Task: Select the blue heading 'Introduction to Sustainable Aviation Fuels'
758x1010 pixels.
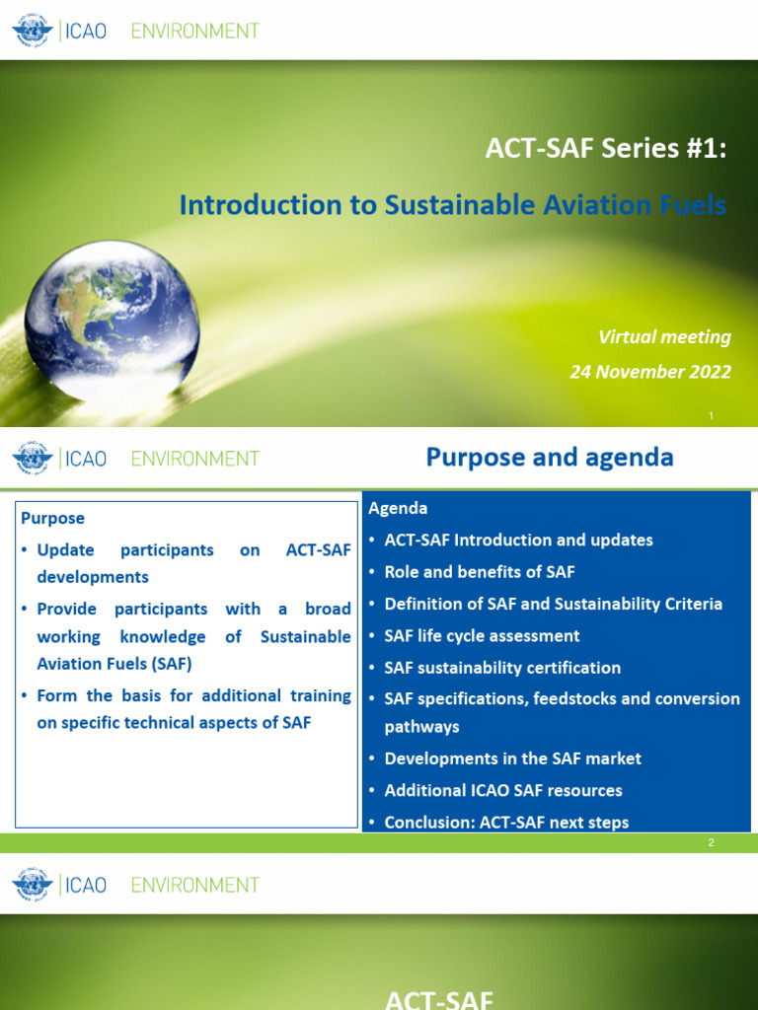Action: (x=452, y=205)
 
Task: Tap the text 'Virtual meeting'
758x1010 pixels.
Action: (x=664, y=337)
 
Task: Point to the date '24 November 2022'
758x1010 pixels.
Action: (x=650, y=372)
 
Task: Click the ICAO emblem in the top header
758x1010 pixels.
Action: (x=32, y=31)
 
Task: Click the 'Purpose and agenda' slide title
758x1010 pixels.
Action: (x=550, y=458)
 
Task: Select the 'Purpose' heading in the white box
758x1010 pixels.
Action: (x=53, y=518)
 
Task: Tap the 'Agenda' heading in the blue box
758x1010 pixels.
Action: (x=398, y=509)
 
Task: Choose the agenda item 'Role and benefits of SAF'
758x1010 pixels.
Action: (x=480, y=572)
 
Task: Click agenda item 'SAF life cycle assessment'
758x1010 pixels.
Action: (x=482, y=636)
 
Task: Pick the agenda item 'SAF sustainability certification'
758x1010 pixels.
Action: (x=502, y=668)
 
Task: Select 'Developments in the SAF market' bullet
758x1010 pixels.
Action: (x=512, y=758)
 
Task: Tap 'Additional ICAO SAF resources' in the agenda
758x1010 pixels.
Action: (x=503, y=790)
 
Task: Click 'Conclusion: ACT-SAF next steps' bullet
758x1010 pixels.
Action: (x=506, y=822)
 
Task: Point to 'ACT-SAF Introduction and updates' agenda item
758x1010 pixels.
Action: (x=518, y=541)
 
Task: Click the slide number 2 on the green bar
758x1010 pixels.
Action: (x=711, y=843)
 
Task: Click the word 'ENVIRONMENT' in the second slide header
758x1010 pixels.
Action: (x=195, y=459)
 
